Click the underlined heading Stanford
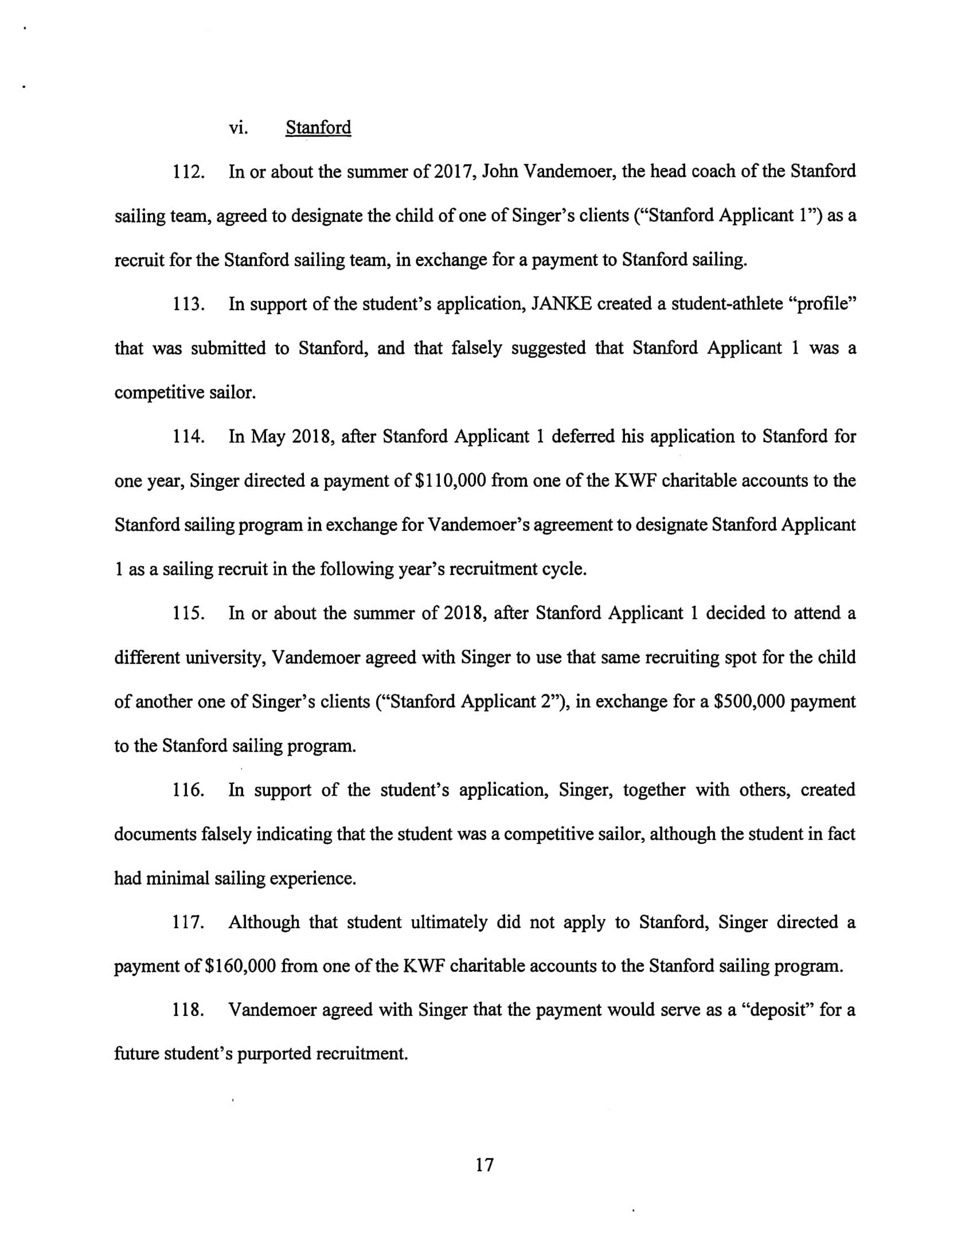(318, 127)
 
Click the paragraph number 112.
(189, 172)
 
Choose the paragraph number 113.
(189, 304)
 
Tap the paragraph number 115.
(189, 613)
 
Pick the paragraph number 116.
(189, 791)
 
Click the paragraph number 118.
(189, 1011)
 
